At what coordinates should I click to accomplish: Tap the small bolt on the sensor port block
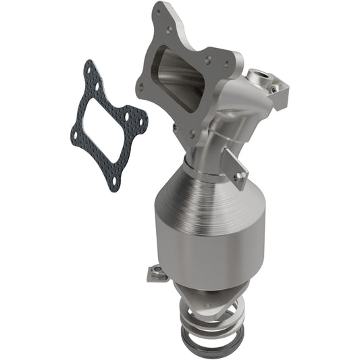coord(273,88)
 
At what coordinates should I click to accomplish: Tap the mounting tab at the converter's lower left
coord(155,273)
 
